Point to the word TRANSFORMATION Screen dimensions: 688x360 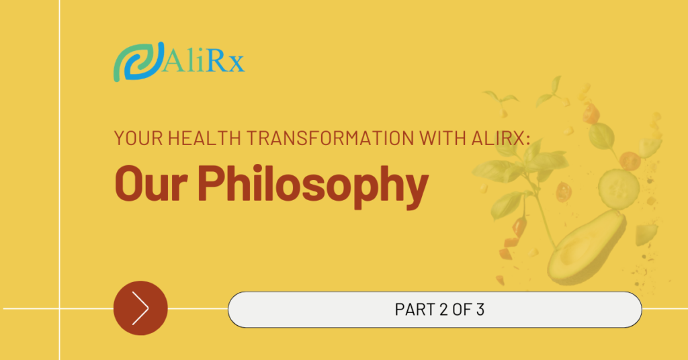329,138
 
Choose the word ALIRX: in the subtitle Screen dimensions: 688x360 501,138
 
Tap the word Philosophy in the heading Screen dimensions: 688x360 313,185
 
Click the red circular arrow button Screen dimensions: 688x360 140,308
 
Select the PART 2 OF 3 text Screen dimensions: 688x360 439,310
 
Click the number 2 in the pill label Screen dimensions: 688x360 443,310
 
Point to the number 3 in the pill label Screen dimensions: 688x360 480,310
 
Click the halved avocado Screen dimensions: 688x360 586,247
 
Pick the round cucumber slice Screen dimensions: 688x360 619,188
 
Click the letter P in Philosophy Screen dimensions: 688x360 210,183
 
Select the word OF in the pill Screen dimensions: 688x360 462,310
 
